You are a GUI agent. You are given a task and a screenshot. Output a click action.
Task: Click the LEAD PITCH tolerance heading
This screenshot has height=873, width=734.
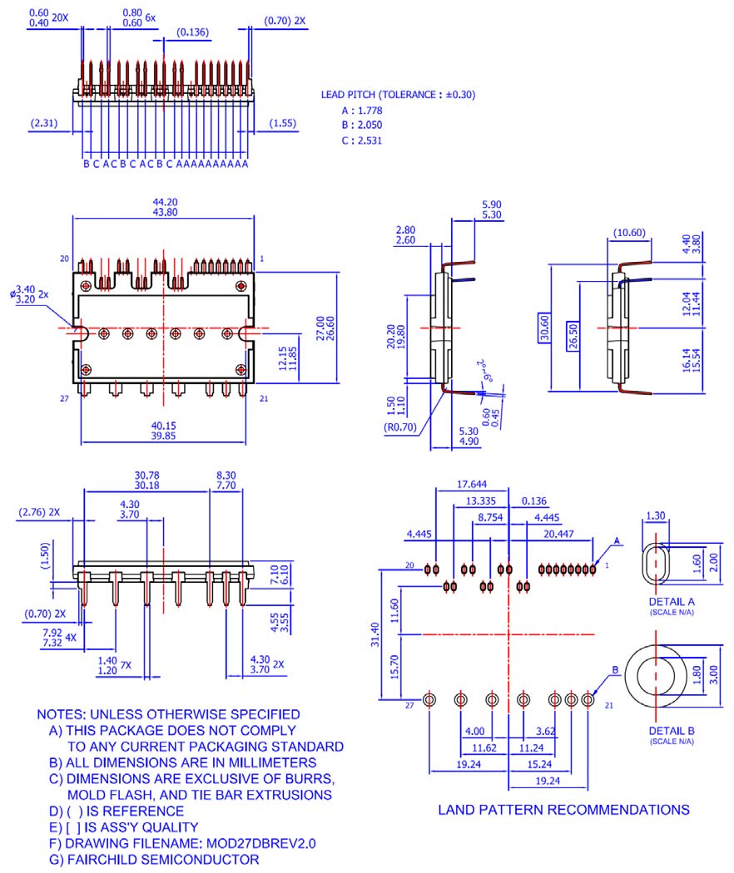click(398, 95)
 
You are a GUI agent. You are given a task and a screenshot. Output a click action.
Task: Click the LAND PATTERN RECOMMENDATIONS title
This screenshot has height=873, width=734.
click(563, 809)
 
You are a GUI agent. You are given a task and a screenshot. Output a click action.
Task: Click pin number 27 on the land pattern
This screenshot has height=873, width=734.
click(409, 705)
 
